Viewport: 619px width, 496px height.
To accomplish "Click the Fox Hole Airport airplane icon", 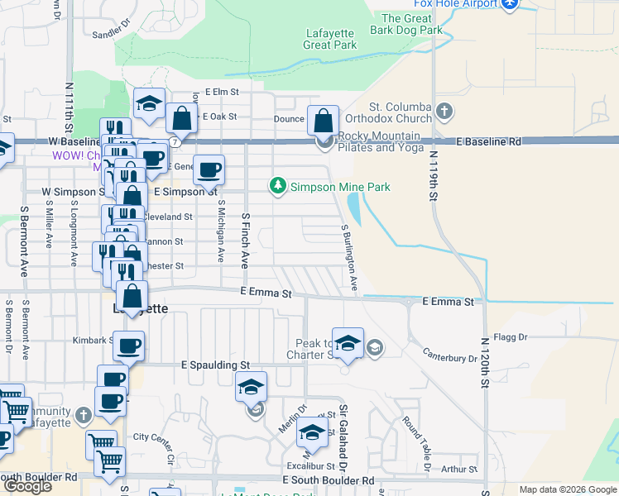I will click(x=510, y=4).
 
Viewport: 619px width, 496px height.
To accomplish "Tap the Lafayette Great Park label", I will click(x=330, y=40).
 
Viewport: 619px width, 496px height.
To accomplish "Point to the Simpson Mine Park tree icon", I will click(x=280, y=187).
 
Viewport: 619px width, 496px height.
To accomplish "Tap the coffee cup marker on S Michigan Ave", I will click(x=209, y=169).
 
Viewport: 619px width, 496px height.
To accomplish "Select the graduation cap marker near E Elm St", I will click(x=149, y=104).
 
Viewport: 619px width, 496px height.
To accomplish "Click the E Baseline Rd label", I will click(x=492, y=141).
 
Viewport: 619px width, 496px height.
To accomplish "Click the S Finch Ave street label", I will click(x=245, y=240).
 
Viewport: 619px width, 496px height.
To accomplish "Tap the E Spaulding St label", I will click(x=216, y=365).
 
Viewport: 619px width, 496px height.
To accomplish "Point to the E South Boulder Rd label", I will click(x=328, y=479).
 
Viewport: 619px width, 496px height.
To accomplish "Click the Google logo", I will click(x=27, y=486).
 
